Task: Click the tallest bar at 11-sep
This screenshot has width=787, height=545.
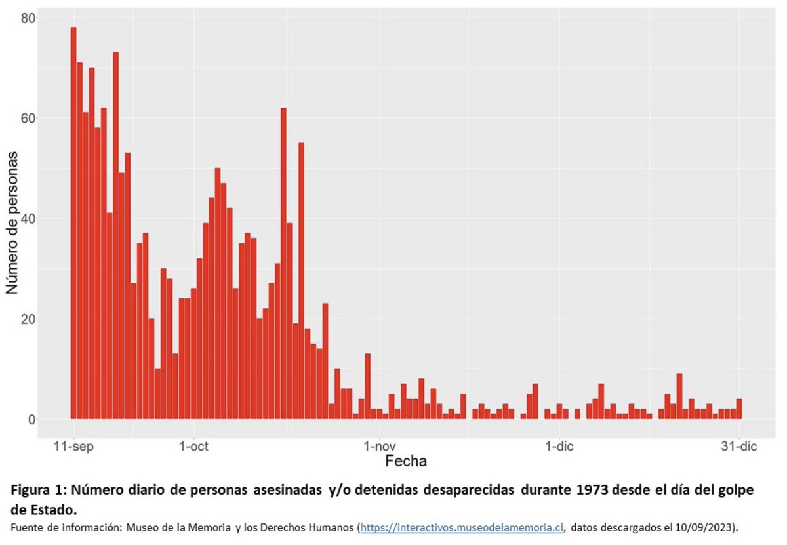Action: pyautogui.click(x=73, y=223)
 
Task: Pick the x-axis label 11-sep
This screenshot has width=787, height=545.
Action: pyautogui.click(x=73, y=447)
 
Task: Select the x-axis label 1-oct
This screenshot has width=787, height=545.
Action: pyautogui.click(x=193, y=447)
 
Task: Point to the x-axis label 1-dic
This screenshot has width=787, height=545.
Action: pyautogui.click(x=559, y=447)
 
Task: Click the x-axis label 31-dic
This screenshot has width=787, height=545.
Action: pyautogui.click(x=739, y=447)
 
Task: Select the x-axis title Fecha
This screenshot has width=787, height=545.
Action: pyautogui.click(x=406, y=461)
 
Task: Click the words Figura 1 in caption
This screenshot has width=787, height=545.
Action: pyautogui.click(x=37, y=489)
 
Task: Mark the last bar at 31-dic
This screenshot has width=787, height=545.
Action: pyautogui.click(x=739, y=409)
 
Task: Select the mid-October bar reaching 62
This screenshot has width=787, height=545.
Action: pyautogui.click(x=283, y=262)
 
